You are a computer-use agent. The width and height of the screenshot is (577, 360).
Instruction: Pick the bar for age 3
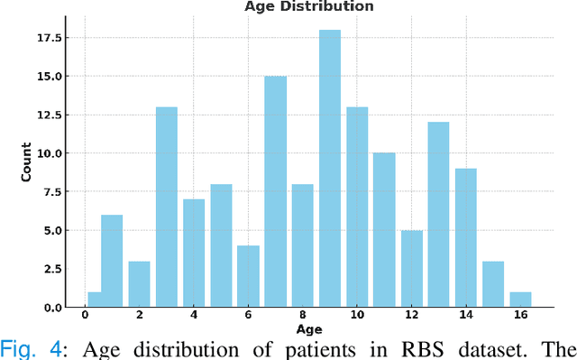click(166, 208)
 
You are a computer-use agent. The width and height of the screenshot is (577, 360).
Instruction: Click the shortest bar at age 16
click(520, 300)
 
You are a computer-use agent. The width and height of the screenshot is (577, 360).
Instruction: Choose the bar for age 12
click(411, 269)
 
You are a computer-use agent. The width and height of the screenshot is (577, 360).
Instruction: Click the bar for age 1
click(112, 261)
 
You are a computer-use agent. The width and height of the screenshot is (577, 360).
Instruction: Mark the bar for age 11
click(384, 230)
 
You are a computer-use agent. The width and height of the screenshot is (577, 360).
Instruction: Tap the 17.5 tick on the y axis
click(49, 39)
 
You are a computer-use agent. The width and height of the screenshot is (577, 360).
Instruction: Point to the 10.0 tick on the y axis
click(49, 154)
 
